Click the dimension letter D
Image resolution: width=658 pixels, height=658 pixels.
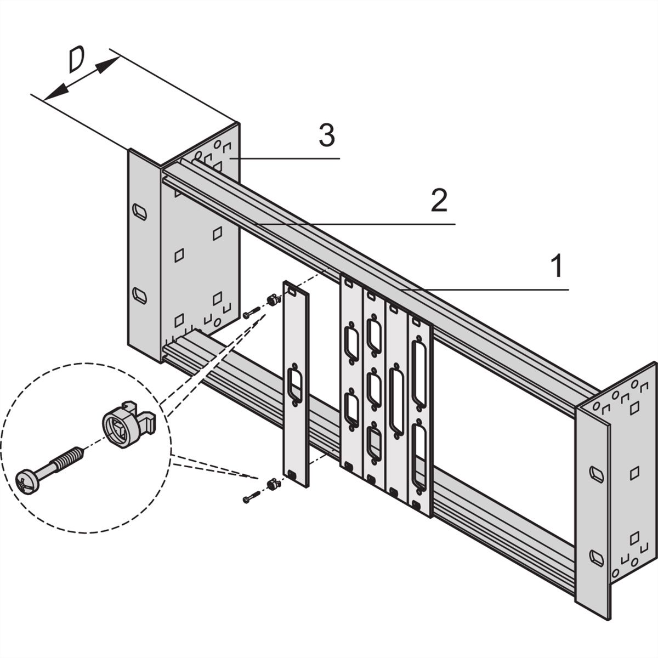point(76,60)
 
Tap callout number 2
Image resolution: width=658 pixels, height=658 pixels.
point(439,201)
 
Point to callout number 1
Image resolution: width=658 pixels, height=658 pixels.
point(556,266)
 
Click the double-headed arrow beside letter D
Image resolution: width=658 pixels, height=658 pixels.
point(81,80)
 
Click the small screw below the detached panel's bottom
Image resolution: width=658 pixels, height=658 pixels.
point(249,498)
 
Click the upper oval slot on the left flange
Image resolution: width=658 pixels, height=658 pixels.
point(140,212)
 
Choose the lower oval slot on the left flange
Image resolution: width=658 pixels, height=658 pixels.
point(140,296)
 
